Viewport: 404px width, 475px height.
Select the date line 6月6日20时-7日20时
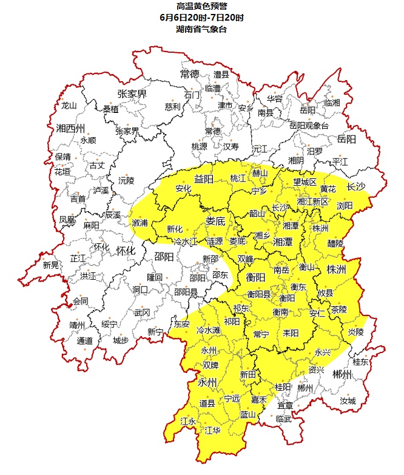pos(201,18)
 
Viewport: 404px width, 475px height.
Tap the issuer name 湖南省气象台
pos(201,29)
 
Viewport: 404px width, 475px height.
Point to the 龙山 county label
pos(69,105)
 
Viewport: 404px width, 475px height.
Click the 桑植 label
pos(111,109)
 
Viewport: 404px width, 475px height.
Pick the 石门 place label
pos(192,95)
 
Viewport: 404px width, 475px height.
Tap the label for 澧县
pos(221,75)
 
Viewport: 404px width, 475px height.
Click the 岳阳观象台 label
pos(308,126)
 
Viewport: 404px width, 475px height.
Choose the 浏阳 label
pos(345,206)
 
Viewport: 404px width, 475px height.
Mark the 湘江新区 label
pos(312,201)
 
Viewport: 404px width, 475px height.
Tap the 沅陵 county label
pos(126,180)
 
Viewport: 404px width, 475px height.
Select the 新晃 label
pos(51,265)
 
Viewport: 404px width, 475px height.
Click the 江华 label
pos(213,430)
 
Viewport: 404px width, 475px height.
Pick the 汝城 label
pos(348,402)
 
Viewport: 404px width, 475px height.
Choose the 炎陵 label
pos(355,332)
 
